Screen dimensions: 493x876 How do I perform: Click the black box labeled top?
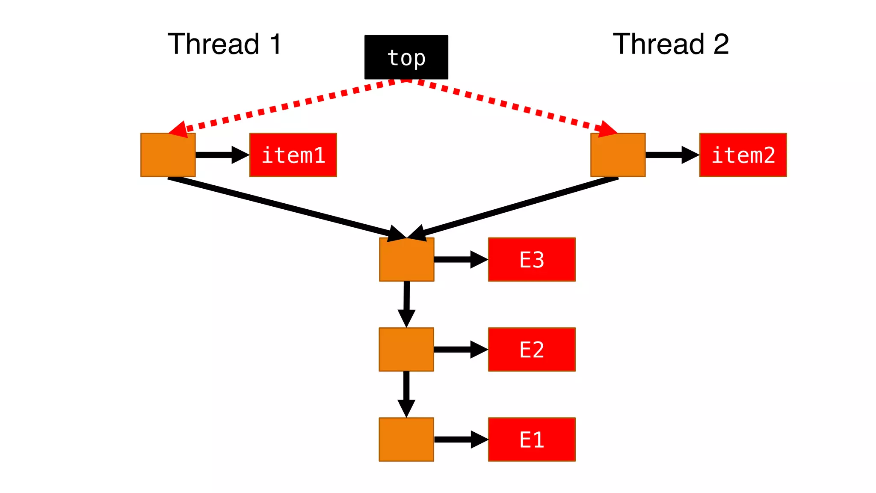tap(406, 57)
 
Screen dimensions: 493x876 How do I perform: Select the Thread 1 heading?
tap(225, 44)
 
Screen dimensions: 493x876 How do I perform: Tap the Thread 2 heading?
tap(671, 44)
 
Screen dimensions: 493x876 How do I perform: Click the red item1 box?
tap(293, 155)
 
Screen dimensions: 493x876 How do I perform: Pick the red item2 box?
tap(743, 155)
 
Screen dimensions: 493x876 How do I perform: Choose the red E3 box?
tap(532, 259)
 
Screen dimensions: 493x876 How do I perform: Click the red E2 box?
tap(532, 349)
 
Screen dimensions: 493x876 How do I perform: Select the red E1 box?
tap(532, 440)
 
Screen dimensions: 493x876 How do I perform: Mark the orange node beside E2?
tap(406, 349)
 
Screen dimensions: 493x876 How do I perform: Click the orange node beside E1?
tap(406, 440)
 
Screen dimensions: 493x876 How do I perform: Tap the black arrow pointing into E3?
tap(460, 259)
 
